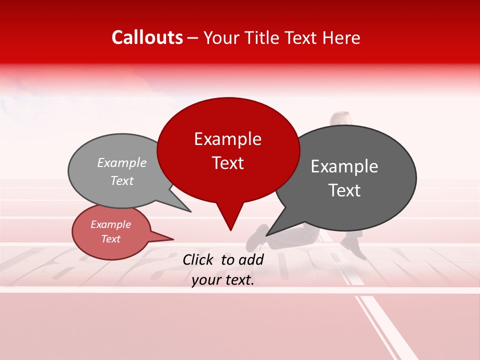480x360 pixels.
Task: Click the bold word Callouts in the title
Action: click(147, 37)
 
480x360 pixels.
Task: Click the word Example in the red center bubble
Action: click(227, 139)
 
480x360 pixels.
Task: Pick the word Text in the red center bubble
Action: click(227, 163)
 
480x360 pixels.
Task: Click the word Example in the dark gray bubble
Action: click(344, 166)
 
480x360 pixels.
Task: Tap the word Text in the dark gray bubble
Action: click(344, 190)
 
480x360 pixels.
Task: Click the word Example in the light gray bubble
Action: click(122, 162)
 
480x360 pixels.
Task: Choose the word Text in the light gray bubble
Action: click(122, 181)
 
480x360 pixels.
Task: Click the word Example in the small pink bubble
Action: click(111, 224)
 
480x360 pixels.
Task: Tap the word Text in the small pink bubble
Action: click(111, 239)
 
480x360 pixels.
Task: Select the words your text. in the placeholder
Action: click(223, 280)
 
